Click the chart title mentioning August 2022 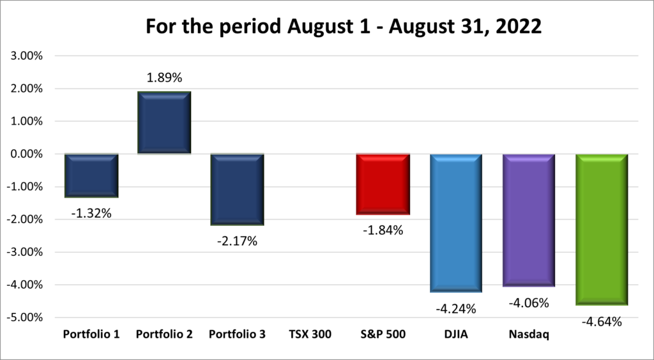click(326, 26)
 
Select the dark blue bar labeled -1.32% click(91, 176)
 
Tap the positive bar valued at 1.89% click(165, 123)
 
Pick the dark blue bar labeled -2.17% click(238, 190)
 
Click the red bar click(383, 184)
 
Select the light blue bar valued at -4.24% click(456, 223)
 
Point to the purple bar click(529, 220)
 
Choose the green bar click(602, 230)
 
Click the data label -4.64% click(602, 322)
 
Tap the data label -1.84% click(383, 230)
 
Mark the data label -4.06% click(529, 303)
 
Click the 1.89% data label click(165, 78)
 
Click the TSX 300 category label click(310, 334)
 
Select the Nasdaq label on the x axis click(529, 334)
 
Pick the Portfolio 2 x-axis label click(165, 334)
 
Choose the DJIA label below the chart click(456, 334)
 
